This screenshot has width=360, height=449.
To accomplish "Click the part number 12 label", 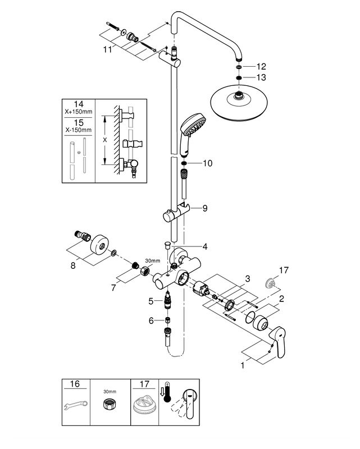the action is pyautogui.click(x=261, y=66).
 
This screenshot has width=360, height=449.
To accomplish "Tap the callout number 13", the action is pyautogui.click(x=261, y=77).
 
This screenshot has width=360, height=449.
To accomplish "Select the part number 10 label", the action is pyautogui.click(x=207, y=163).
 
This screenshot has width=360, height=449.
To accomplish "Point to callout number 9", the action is pyautogui.click(x=204, y=208).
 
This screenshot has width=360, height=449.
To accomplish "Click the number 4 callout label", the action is pyautogui.click(x=204, y=246).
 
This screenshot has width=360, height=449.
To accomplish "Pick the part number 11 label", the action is pyautogui.click(x=107, y=49).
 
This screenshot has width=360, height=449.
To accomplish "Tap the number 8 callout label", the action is pyautogui.click(x=73, y=265).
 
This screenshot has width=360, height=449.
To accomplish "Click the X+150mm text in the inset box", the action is pyautogui.click(x=79, y=112).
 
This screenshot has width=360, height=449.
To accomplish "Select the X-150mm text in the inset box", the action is pyautogui.click(x=79, y=130).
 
